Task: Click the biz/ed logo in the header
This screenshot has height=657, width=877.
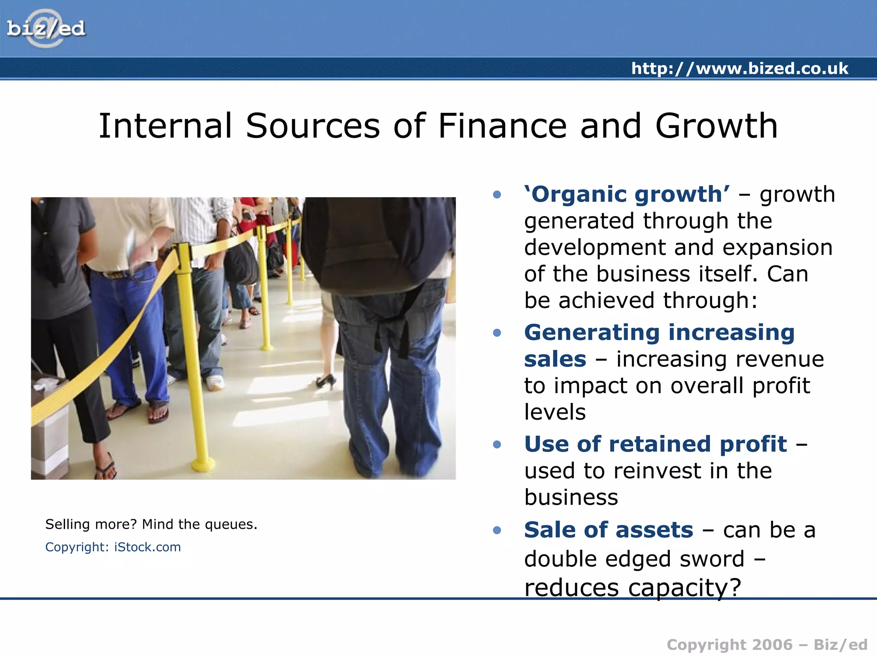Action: (x=46, y=29)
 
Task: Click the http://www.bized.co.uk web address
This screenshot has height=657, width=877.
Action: (x=740, y=68)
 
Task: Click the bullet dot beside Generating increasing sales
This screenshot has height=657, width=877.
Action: (x=497, y=333)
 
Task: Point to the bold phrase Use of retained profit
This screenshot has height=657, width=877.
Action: (x=655, y=444)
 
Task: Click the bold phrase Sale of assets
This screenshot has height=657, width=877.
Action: (x=608, y=530)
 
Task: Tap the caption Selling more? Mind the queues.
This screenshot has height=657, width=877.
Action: (x=151, y=524)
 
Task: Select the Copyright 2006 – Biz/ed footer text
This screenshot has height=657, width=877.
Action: (x=767, y=645)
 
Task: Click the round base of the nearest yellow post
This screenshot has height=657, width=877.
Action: (x=203, y=463)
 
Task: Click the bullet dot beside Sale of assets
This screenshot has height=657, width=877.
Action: (x=497, y=530)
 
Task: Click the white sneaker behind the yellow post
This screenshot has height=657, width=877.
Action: (x=214, y=382)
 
